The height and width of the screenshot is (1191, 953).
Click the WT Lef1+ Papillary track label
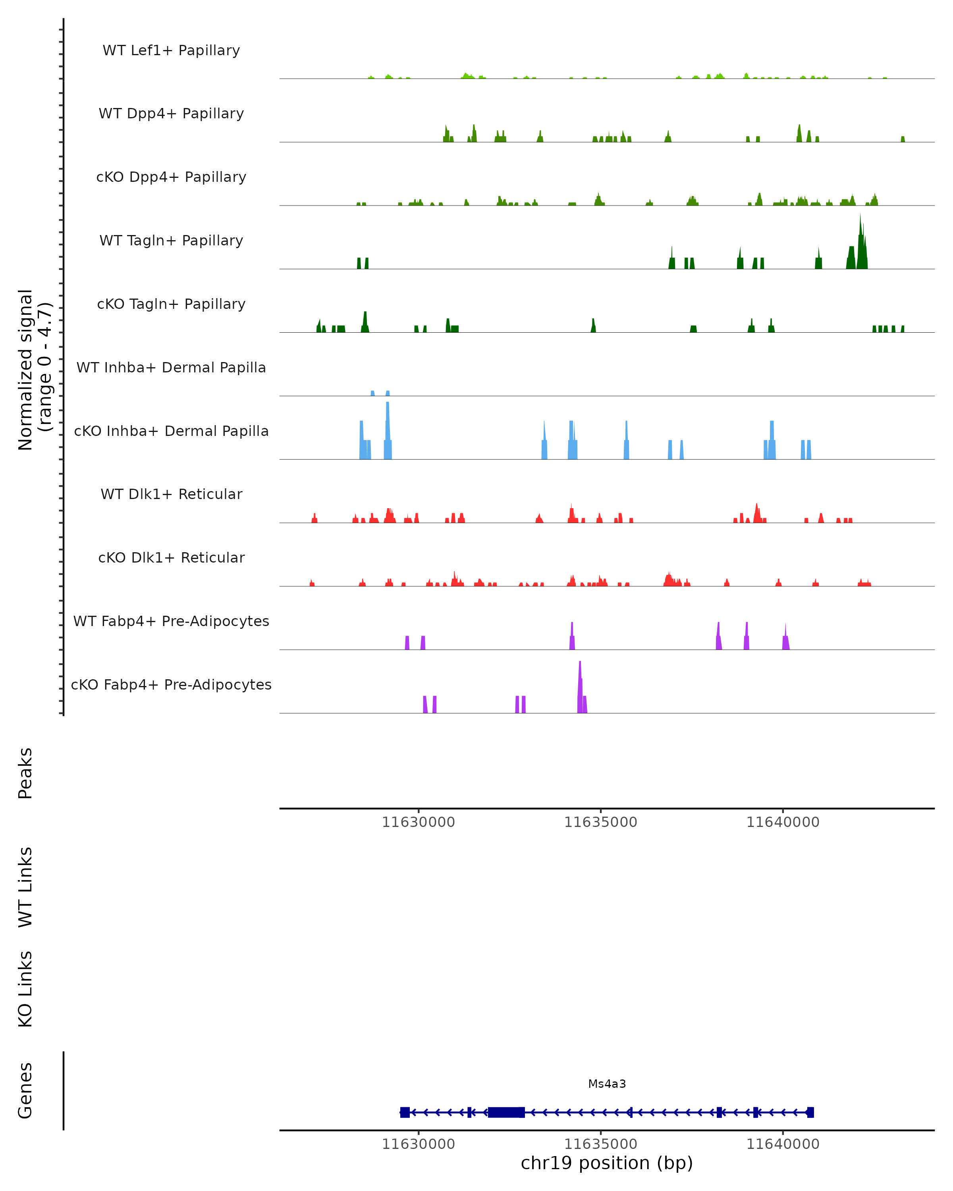tap(171, 50)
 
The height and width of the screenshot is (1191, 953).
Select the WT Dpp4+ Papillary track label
tap(171, 114)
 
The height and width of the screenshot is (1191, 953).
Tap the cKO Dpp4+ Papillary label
tap(171, 177)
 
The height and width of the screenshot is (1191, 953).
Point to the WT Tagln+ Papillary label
tap(171, 241)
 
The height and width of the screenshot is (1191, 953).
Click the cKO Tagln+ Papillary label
tap(171, 304)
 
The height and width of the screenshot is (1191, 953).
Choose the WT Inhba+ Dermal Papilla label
tap(171, 368)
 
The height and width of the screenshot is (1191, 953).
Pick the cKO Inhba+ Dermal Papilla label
tap(171, 432)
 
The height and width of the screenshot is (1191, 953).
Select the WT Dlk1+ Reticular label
tap(171, 494)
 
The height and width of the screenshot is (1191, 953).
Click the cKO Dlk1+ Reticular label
tap(171, 558)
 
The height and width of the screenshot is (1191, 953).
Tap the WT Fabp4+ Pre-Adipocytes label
tap(171, 621)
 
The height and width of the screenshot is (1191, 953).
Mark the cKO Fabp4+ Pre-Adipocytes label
tap(171, 685)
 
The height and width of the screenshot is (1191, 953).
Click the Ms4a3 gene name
tap(607, 1084)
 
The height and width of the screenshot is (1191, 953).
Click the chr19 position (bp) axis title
tap(607, 1163)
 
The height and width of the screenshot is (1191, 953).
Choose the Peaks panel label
tap(25, 773)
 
